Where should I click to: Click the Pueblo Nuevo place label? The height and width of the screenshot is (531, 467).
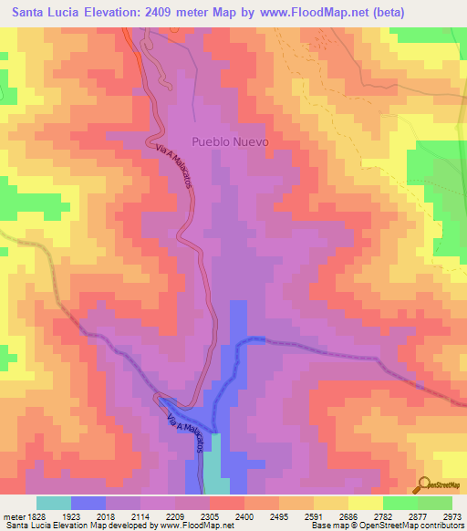click(x=231, y=141)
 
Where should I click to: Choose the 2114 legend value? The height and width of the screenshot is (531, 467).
click(x=140, y=515)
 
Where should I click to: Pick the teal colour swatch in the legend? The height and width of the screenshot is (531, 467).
click(x=54, y=503)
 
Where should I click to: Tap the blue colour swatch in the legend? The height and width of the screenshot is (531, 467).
click(x=88, y=503)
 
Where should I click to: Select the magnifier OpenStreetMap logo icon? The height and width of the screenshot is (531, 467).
click(x=424, y=484)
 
